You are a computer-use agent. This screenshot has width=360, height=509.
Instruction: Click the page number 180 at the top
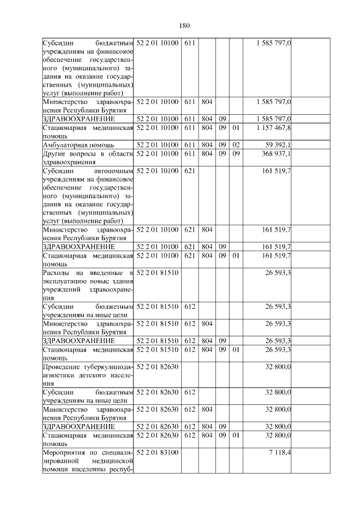click(184, 25)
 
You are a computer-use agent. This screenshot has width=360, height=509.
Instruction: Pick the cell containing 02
click(236, 145)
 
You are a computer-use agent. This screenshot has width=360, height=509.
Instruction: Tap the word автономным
click(115, 170)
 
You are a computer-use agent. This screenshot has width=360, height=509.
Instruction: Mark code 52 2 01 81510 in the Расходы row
click(157, 273)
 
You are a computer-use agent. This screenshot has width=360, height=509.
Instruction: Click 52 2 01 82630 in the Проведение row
click(157, 367)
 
